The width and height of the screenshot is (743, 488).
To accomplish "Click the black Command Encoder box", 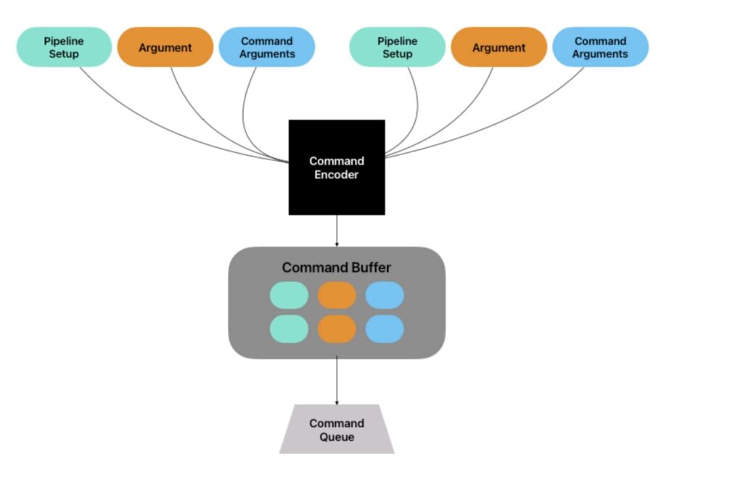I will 337,168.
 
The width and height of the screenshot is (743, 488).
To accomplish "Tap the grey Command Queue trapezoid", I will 337,429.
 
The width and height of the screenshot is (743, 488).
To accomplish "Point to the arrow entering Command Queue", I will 337,381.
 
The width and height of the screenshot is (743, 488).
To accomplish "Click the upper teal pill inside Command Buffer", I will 289,295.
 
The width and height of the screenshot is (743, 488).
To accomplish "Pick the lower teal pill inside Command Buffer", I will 289,329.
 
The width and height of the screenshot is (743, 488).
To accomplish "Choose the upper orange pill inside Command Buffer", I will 337,295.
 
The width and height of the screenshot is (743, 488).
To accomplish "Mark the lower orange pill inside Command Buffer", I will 337,329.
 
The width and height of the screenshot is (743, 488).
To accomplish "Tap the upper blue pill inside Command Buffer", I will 385,295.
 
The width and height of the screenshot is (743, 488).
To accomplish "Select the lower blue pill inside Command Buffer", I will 385,329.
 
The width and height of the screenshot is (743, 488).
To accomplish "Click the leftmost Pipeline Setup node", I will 64,47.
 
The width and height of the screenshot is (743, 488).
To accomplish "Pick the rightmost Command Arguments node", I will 600,47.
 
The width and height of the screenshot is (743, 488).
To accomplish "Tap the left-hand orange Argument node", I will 165,47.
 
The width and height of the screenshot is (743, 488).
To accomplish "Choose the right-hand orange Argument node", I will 498,47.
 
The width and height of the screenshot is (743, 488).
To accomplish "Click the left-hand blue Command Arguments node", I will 267,47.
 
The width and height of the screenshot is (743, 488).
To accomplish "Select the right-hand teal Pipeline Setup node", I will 397,47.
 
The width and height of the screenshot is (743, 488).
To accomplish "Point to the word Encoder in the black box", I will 337,175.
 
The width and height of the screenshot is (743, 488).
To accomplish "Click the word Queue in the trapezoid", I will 337,437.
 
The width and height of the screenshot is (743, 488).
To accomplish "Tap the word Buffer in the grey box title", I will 371,268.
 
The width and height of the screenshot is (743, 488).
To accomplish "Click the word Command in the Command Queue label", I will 337,423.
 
